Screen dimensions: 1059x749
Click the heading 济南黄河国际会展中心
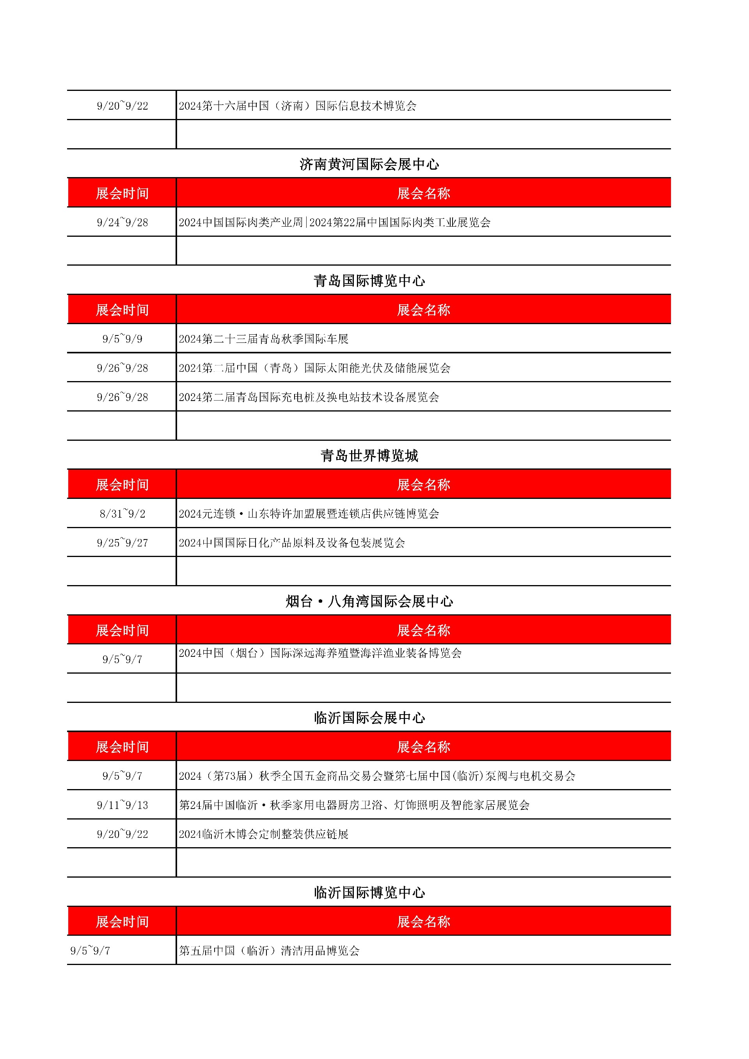click(369, 164)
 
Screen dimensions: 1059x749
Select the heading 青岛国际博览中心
click(369, 281)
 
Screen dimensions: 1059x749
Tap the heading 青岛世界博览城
click(369, 456)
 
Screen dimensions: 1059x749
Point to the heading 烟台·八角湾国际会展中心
click(369, 601)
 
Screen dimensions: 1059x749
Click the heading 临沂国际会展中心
click(369, 718)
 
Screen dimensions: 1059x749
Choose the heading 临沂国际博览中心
click(369, 892)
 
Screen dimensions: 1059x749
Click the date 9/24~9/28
click(122, 222)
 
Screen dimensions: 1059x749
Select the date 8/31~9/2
click(122, 514)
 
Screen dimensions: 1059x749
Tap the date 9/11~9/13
click(122, 805)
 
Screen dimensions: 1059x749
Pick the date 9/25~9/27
click(122, 543)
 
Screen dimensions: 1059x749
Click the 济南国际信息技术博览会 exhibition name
click(298, 106)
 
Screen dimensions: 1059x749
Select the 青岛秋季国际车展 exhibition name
click(263, 339)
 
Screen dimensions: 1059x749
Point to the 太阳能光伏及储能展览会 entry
click(314, 368)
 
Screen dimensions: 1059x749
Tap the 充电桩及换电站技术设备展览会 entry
click(309, 397)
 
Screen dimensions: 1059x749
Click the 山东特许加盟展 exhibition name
click(309, 514)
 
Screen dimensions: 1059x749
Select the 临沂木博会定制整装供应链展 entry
click(263, 834)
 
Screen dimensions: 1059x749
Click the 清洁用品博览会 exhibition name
click(269, 951)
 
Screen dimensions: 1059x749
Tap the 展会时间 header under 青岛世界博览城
click(122, 485)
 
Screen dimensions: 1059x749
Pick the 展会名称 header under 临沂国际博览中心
click(423, 922)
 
